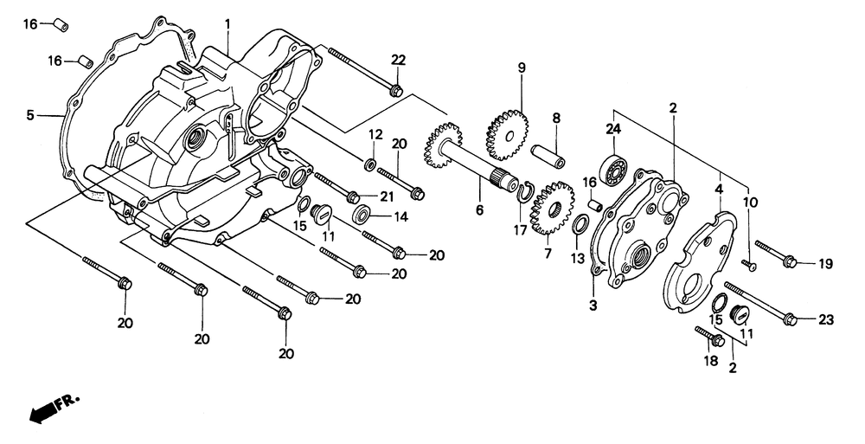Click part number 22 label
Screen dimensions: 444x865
pyautogui.click(x=398, y=60)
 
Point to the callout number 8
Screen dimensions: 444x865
pyautogui.click(x=557, y=118)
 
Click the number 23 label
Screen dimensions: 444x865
pyautogui.click(x=825, y=320)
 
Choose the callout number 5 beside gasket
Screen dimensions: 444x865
pyautogui.click(x=29, y=114)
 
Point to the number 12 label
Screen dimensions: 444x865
pyautogui.click(x=375, y=134)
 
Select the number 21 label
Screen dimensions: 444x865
pyautogui.click(x=387, y=197)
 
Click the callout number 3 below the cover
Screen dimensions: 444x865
pyautogui.click(x=593, y=306)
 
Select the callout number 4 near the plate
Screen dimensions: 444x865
pyautogui.click(x=719, y=187)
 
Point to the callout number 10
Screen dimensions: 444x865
pyautogui.click(x=751, y=202)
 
